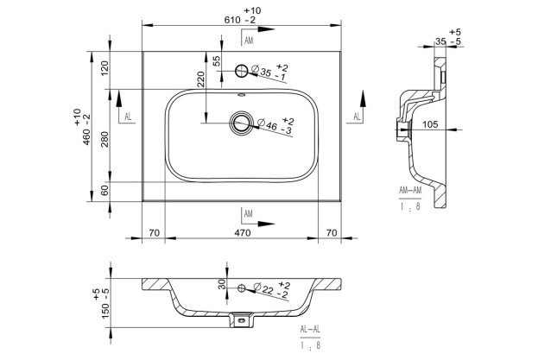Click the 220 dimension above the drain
pos(200,84)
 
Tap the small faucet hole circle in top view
pos(243,70)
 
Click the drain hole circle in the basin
pos(241,124)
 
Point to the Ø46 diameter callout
pos(275,127)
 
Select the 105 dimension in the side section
pos(429,124)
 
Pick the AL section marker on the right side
pos(358,117)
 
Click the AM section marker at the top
pos(249,41)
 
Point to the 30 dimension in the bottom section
pos(221,284)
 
